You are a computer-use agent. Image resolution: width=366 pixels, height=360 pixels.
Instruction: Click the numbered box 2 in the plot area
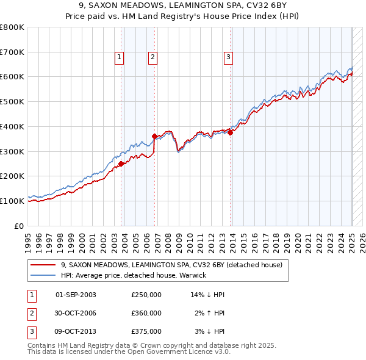point(152,58)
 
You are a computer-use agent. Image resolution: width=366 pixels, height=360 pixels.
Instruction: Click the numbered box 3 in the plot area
point(228,58)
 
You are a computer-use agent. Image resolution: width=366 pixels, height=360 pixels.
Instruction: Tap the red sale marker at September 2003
point(121,164)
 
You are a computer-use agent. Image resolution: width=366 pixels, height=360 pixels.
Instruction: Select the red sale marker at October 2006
point(155,136)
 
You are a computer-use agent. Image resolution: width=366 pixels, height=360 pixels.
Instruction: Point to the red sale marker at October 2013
point(231,132)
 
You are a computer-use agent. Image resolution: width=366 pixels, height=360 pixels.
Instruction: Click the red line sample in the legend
point(43,265)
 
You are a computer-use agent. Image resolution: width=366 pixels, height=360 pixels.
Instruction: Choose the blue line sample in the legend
point(43,275)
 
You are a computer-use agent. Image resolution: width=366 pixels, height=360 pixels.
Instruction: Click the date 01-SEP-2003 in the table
point(76,295)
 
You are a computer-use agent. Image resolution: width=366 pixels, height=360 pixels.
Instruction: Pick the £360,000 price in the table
point(146,313)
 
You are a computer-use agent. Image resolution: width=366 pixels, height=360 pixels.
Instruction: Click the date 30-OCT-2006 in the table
point(76,313)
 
